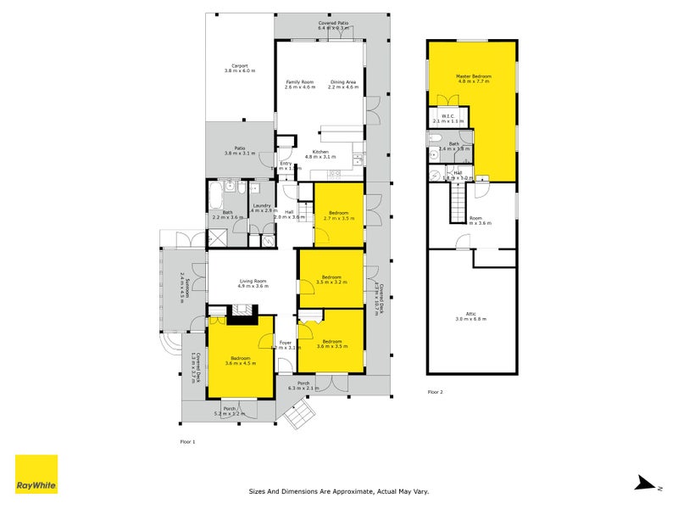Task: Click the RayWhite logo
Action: tap(36, 473)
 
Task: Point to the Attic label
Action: tap(471, 313)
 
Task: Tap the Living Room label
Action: tap(253, 281)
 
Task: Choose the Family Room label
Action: tap(299, 81)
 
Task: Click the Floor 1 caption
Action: tap(187, 442)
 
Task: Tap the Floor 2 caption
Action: tap(435, 392)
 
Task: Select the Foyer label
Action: tap(286, 342)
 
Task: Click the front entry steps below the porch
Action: tap(299, 415)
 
